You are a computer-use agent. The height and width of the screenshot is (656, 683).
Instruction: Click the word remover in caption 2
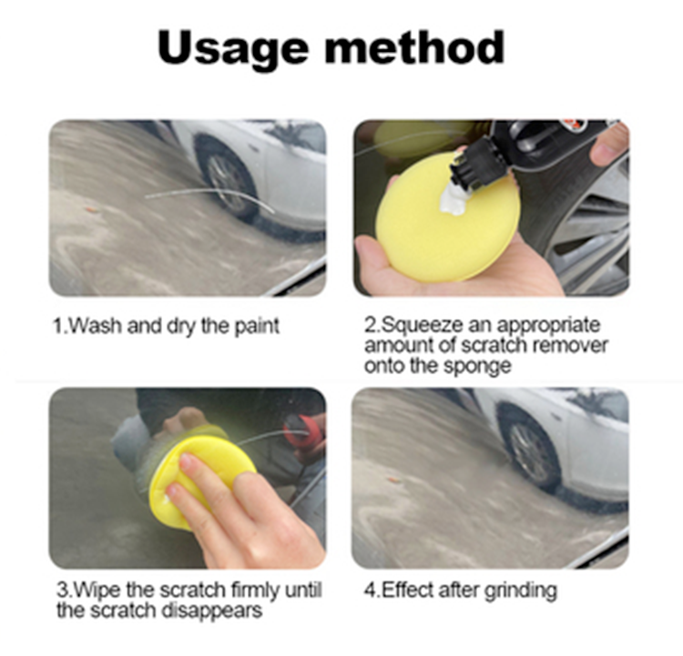(576, 346)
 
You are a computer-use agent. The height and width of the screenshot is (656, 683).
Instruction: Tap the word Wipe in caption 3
(88, 590)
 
